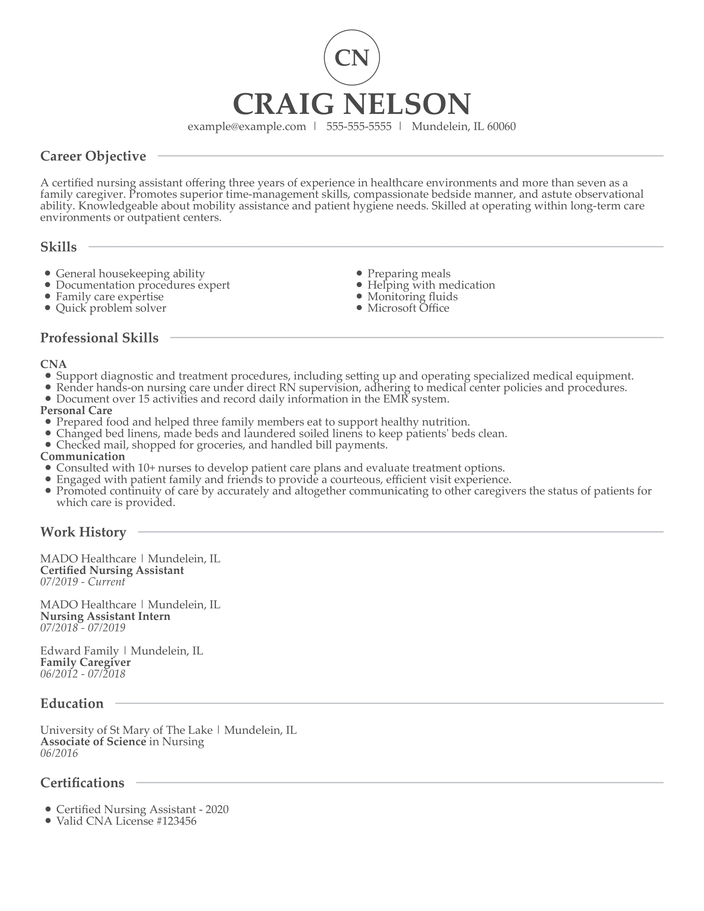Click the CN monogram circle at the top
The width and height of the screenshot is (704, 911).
pyautogui.click(x=352, y=58)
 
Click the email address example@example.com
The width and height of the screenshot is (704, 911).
pyautogui.click(x=246, y=126)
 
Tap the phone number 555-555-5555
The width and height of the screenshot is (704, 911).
pyautogui.click(x=359, y=126)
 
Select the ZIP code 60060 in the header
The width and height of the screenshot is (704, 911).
pyautogui.click(x=501, y=126)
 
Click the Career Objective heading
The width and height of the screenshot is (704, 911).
pyautogui.click(x=93, y=156)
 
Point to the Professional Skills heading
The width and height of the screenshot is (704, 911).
pyautogui.click(x=99, y=337)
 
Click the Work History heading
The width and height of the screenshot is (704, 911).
pyautogui.click(x=83, y=532)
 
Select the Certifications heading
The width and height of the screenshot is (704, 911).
pyautogui.click(x=82, y=783)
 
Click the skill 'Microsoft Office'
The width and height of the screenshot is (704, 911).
pyautogui.click(x=408, y=308)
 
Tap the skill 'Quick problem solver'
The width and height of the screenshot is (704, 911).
pyautogui.click(x=111, y=308)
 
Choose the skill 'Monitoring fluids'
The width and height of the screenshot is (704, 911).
pyautogui.click(x=412, y=296)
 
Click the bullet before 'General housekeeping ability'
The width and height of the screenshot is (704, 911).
pyautogui.click(x=48, y=273)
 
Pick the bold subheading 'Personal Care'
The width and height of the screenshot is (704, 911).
pyautogui.click(x=76, y=410)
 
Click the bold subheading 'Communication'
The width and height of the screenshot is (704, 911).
pyautogui.click(x=82, y=456)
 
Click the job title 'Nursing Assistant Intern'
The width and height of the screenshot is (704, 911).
pyautogui.click(x=105, y=616)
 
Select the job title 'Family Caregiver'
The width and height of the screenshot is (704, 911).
pyautogui.click(x=85, y=662)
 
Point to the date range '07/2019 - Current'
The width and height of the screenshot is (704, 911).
pyautogui.click(x=82, y=582)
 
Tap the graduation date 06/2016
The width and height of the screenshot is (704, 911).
pyautogui.click(x=59, y=753)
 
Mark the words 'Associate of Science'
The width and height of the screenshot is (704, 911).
pyautogui.click(x=93, y=741)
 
